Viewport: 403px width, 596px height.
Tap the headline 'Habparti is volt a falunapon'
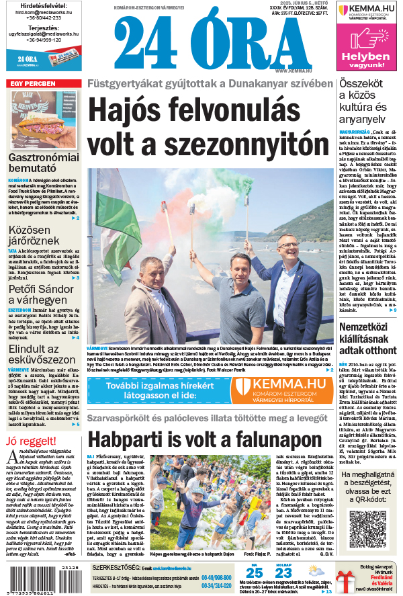click(204, 440)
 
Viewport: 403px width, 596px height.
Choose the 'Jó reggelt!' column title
click(28, 441)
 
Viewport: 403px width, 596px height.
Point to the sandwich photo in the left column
click(43, 120)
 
